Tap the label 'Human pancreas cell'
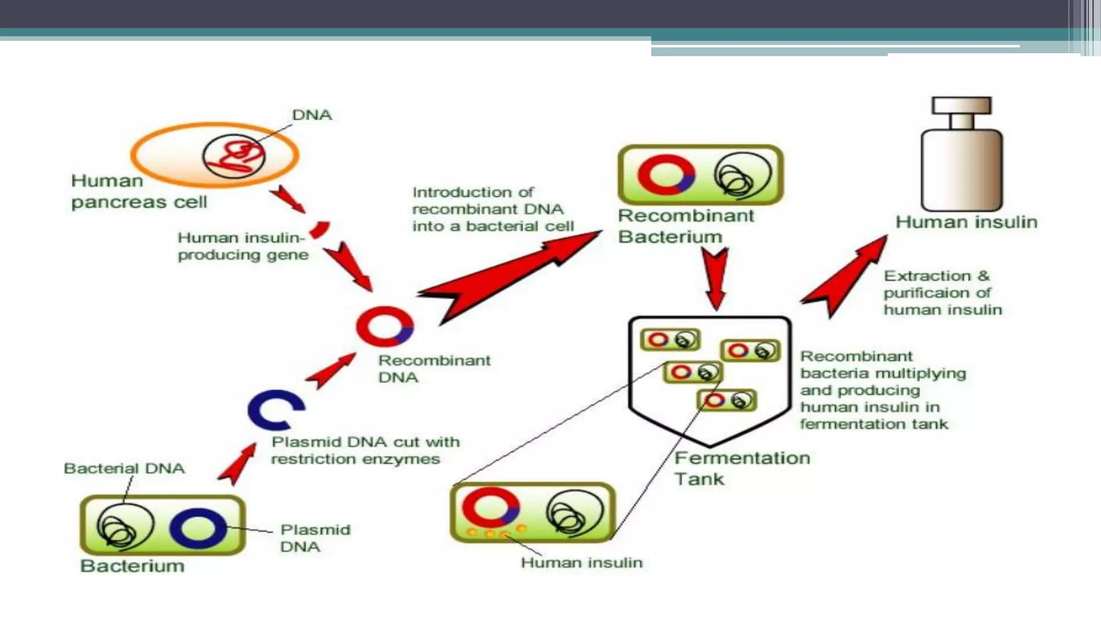tap(139, 191)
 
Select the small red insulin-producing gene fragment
tap(320, 229)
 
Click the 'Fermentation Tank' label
tap(741, 468)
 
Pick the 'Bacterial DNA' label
tap(124, 469)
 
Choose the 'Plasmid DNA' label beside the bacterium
tap(315, 538)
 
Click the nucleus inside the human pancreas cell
tap(234, 156)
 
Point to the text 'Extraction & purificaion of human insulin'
tap(942, 293)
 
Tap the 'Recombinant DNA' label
tap(434, 369)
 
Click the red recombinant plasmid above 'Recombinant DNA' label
tap(385, 326)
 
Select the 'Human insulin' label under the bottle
tap(966, 222)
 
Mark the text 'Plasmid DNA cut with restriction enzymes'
tap(366, 450)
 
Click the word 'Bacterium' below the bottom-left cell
tap(132, 566)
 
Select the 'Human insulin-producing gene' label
tap(243, 246)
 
